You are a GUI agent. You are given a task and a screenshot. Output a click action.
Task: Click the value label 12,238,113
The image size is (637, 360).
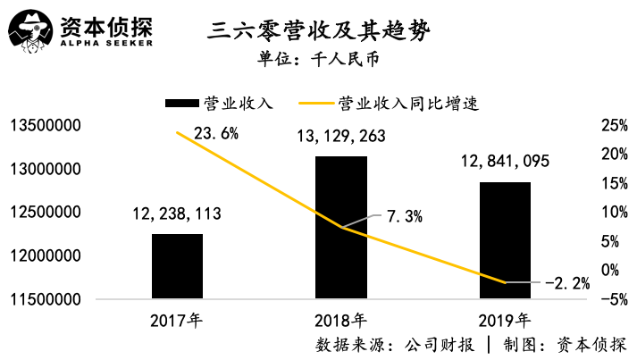pos(177,213)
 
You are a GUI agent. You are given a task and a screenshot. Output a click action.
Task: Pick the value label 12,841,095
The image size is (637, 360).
pos(505,162)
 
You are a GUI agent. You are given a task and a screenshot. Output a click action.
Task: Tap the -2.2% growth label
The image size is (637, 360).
pos(567,284)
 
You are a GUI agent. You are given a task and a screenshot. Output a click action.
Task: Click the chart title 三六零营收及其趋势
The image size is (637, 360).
pos(319,34)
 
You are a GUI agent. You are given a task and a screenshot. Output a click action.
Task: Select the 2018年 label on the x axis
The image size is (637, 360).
pos(341,319)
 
